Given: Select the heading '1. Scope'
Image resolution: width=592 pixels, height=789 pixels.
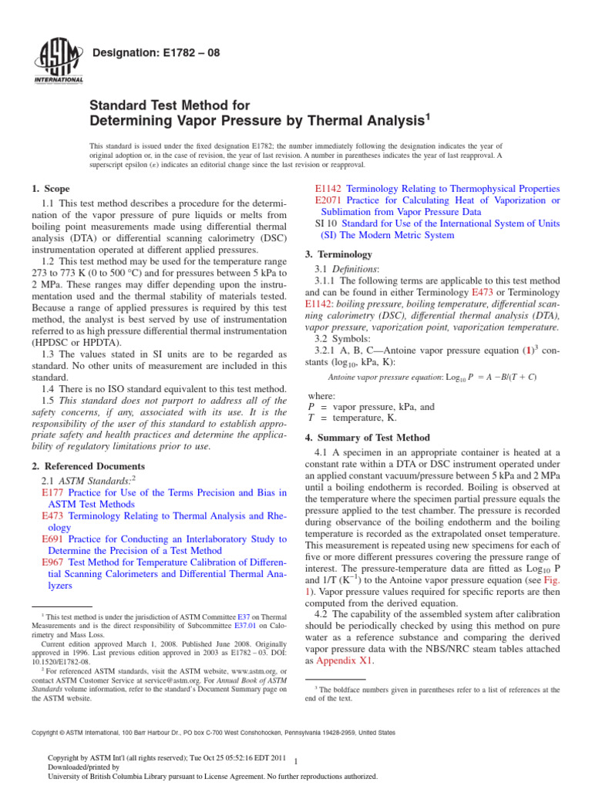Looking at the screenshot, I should (50, 189).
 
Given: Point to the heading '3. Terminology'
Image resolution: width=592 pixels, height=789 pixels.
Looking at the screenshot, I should (339, 254).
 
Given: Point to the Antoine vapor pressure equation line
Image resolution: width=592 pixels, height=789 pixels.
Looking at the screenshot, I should (432, 377).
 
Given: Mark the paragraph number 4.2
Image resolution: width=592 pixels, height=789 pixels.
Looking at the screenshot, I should (324, 614).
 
